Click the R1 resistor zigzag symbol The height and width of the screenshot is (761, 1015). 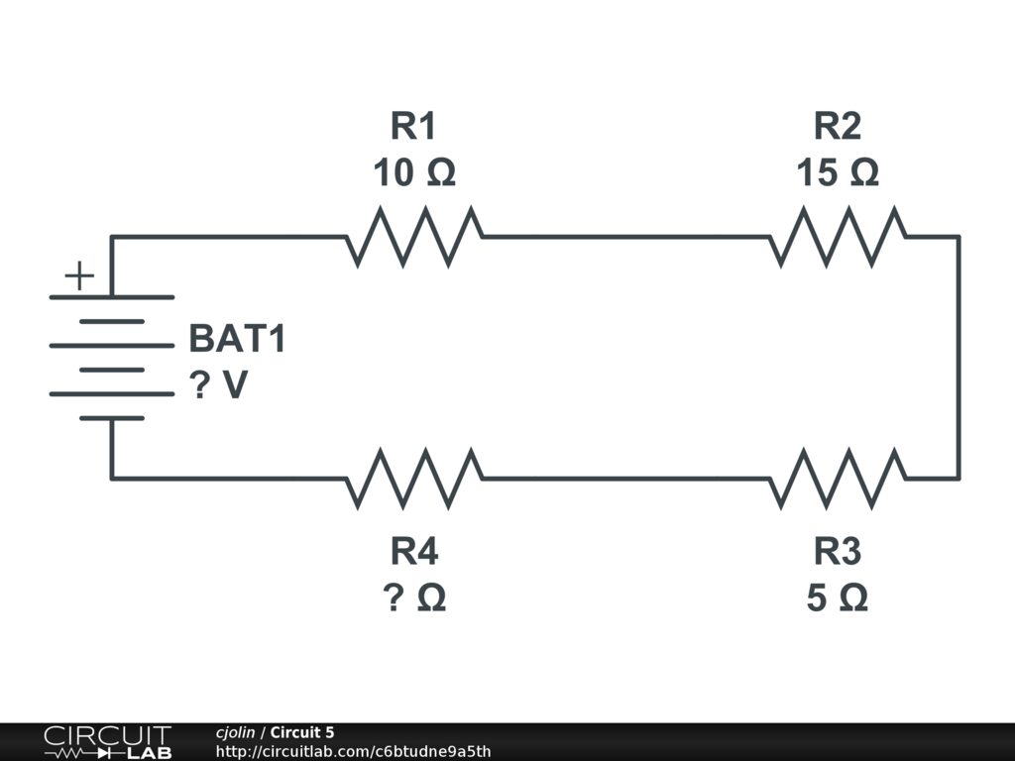414,237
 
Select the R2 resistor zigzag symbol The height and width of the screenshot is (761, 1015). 838,237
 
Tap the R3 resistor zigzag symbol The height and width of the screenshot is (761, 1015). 838,479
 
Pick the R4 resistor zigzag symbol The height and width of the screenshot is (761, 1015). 414,479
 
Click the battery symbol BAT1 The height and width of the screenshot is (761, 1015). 111,357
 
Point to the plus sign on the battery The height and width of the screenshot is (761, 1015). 79,275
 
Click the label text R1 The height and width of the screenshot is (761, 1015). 413,127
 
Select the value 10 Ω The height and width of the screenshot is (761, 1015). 413,173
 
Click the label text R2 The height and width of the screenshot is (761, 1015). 838,127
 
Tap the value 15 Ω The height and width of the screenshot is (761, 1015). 838,173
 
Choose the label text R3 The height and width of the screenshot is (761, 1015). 838,551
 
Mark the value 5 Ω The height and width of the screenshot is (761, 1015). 838,598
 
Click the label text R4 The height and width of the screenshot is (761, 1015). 414,551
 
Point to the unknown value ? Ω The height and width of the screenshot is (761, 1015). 414,598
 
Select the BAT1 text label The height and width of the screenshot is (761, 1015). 237,339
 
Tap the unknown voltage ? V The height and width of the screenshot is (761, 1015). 218,385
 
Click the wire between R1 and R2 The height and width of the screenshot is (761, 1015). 624,237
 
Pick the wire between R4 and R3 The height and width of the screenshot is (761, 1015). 624,479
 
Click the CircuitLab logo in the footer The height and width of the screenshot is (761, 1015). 107,742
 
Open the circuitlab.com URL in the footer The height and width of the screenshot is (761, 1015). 353,751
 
